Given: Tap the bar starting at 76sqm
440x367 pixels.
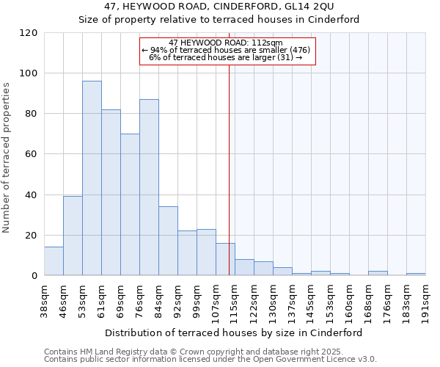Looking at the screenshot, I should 149,187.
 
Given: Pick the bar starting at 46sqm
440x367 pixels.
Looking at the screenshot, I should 73,236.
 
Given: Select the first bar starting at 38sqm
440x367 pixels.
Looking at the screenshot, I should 54,261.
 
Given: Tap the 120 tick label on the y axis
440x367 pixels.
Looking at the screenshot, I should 29,33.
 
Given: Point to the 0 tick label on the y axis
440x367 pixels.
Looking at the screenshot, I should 34,276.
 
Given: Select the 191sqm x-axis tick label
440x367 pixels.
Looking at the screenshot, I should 425,299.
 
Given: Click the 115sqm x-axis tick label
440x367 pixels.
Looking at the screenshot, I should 235,299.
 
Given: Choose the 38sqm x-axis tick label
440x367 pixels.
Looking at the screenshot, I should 44,299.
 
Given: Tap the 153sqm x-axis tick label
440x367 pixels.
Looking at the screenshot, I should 330,299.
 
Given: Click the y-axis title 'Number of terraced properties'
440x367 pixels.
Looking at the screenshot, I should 7,158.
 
